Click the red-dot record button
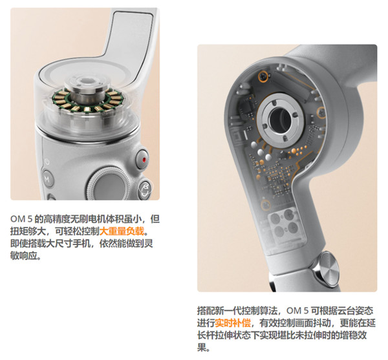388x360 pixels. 143,159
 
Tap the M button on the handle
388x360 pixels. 47,178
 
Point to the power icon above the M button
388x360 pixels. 47,162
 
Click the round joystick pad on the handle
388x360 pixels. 108,187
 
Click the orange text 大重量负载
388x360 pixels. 122,231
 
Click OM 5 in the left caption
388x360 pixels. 21,219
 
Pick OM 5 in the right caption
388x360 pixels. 297,311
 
